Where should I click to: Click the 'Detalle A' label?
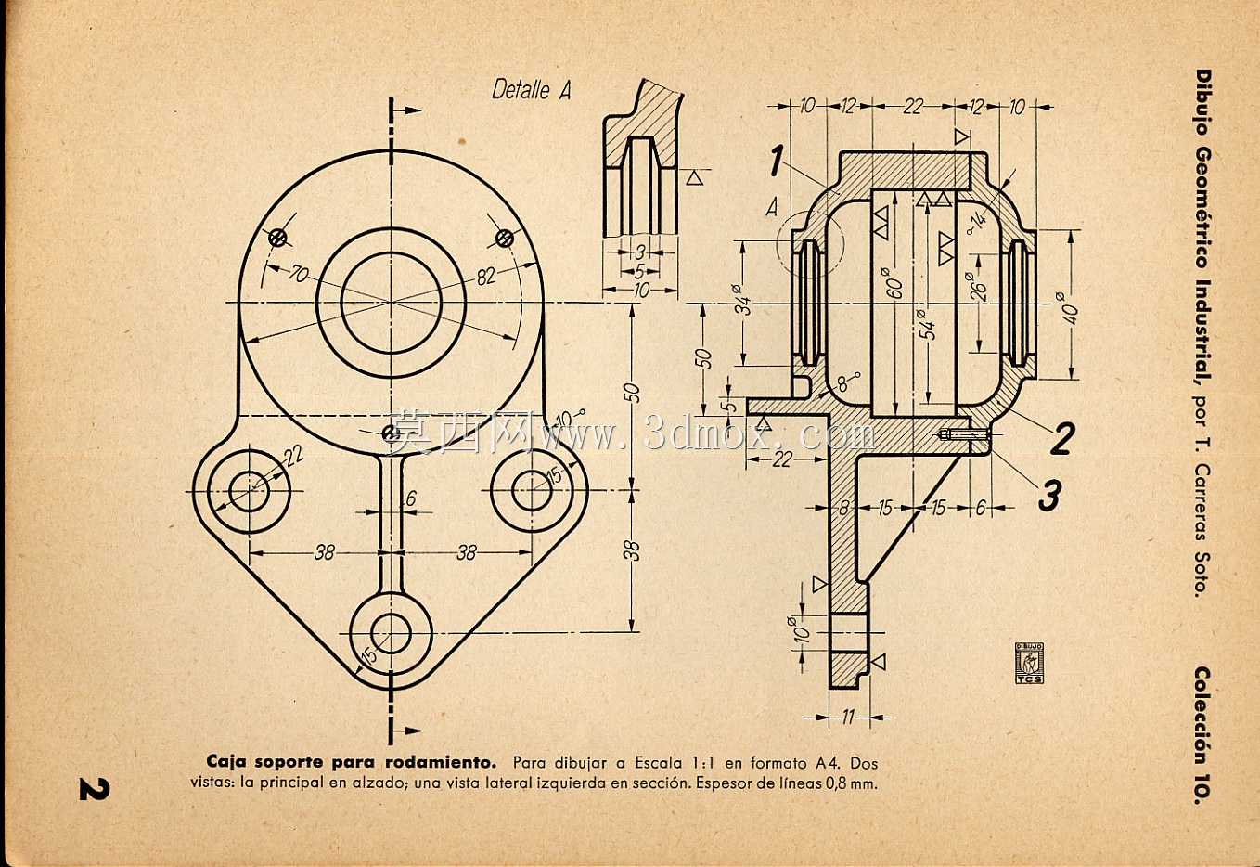coord(531,90)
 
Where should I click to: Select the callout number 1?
coord(777,161)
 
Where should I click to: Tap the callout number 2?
coord(1061,438)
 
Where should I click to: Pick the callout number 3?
coord(1048,496)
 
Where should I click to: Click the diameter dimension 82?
coord(485,277)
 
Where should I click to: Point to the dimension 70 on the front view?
coord(299,274)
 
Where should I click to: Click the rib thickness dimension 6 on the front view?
coord(411,498)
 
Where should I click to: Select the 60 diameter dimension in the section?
coord(895,283)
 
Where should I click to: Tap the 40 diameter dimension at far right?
coord(1069,307)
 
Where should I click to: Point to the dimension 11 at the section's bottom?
coord(848,717)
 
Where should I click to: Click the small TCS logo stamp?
coord(1029,663)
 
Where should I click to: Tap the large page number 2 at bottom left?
coord(95,788)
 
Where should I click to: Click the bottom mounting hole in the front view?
coord(391,632)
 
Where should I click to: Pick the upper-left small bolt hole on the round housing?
coord(277,238)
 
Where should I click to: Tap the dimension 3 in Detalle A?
coord(639,252)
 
